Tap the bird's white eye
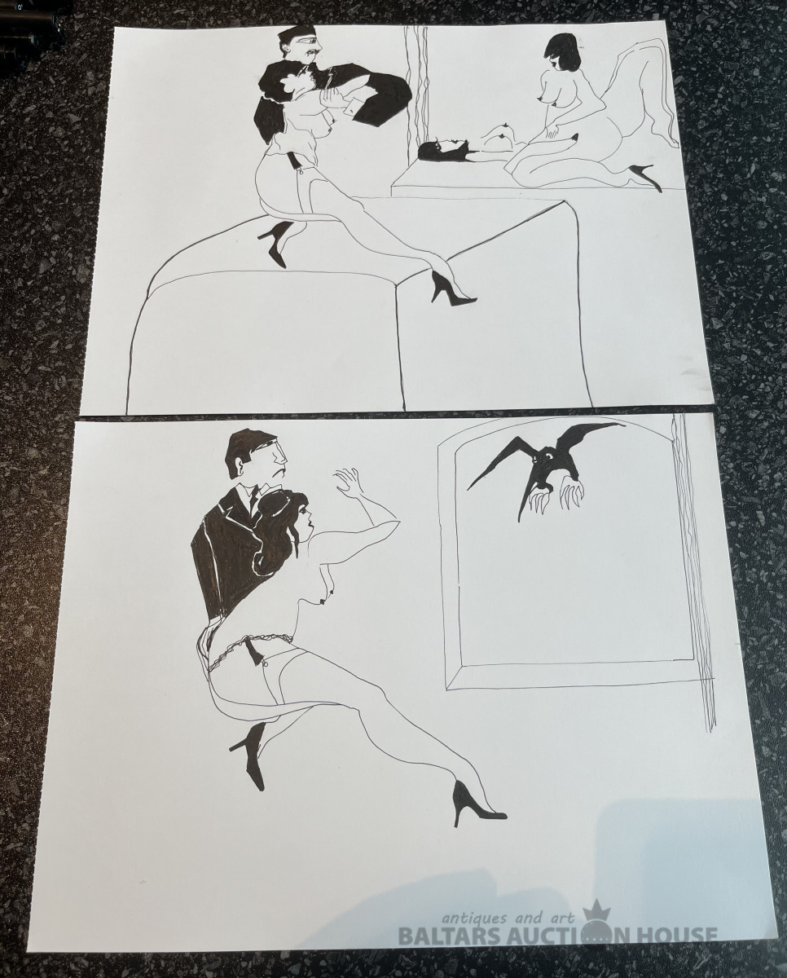coord(550,455)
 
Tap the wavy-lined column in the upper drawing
coord(418,91)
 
